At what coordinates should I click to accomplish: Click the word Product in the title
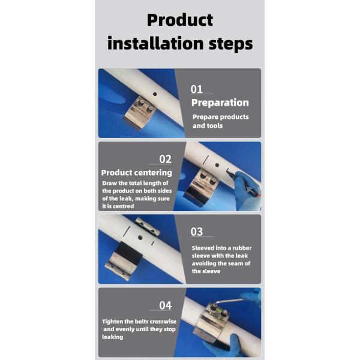pyautogui.click(x=180, y=20)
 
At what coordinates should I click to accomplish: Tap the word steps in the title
pyautogui.click(x=230, y=44)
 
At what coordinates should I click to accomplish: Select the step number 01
pyautogui.click(x=197, y=89)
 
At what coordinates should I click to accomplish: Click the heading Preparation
pyautogui.click(x=220, y=103)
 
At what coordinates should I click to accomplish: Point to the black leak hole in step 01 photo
pyautogui.click(x=155, y=94)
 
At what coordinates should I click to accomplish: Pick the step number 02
pyautogui.click(x=166, y=159)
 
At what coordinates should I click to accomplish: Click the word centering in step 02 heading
pyautogui.click(x=154, y=173)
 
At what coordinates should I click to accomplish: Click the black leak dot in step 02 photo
pyautogui.click(x=217, y=165)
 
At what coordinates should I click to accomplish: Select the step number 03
pyautogui.click(x=197, y=232)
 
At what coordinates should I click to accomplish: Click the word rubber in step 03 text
pyautogui.click(x=242, y=248)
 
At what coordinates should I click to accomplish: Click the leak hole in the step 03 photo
pyautogui.click(x=140, y=238)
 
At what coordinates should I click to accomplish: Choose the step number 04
pyautogui.click(x=166, y=305)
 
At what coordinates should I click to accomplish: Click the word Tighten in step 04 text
pyautogui.click(x=113, y=322)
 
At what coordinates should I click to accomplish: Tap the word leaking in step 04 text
pyautogui.click(x=113, y=337)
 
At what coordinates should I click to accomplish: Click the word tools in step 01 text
pyautogui.click(x=215, y=126)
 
